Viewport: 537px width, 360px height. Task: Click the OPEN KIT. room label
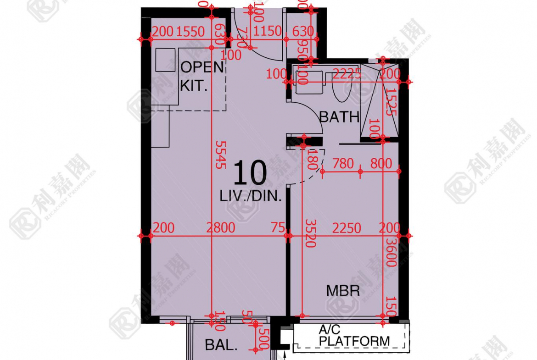[x=201, y=76]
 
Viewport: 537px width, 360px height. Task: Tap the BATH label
[x=339, y=116]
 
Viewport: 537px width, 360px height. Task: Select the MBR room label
[x=343, y=290]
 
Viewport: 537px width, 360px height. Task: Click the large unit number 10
[x=250, y=173]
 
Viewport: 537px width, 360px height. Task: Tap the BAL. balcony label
[x=221, y=345]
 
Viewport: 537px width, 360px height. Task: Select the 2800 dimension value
[x=220, y=228]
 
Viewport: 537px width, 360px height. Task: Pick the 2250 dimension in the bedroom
[x=347, y=228]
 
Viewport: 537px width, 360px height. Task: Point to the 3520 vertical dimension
[x=311, y=233]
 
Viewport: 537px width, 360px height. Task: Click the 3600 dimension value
[x=391, y=252]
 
